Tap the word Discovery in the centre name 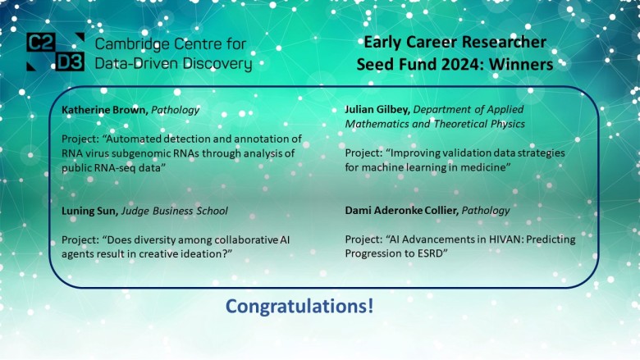pyautogui.click(x=216, y=63)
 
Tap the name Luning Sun pyautogui.click(x=88, y=211)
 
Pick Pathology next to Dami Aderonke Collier pyautogui.click(x=486, y=211)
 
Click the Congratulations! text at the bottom pyautogui.click(x=299, y=308)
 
